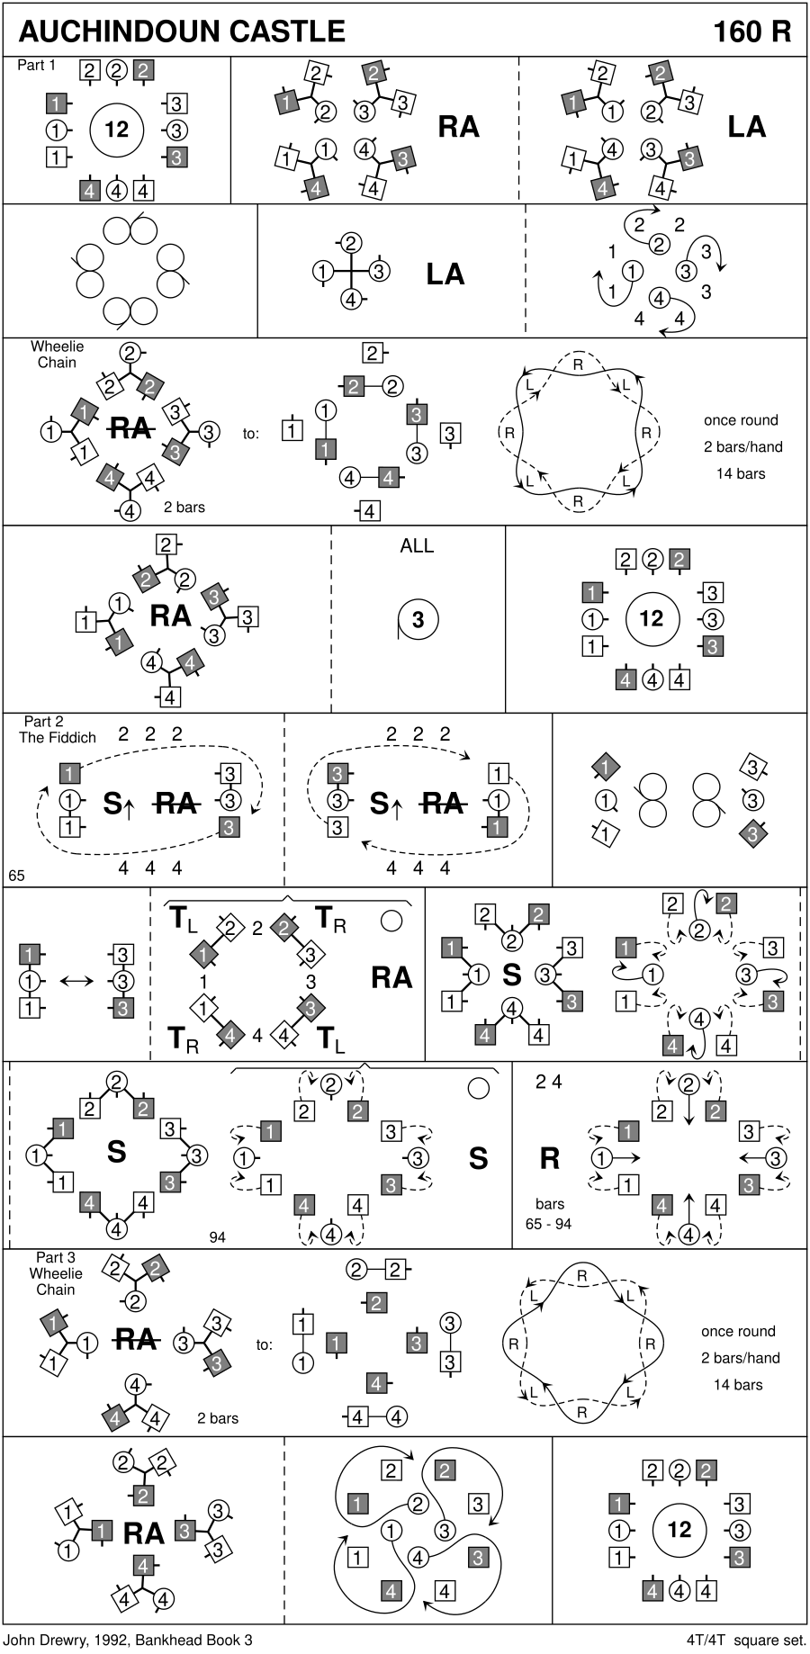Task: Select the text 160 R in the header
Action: coord(752,31)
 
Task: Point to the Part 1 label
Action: coord(36,65)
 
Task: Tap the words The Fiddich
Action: coord(58,738)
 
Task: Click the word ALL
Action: coord(417,545)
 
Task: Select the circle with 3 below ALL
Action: coord(418,619)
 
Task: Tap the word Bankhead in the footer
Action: coord(170,1640)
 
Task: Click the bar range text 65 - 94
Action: coord(549,1223)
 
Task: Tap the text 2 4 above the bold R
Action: coord(549,1082)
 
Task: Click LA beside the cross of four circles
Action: coord(445,274)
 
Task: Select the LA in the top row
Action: coord(747,127)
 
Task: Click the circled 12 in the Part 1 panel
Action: coord(117,130)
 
